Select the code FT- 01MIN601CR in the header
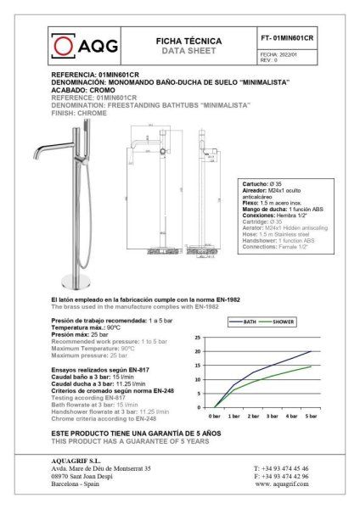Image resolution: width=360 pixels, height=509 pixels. tap(286, 39)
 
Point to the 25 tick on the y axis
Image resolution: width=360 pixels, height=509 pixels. tap(198, 338)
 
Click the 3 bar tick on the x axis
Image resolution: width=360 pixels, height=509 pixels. tap(271, 417)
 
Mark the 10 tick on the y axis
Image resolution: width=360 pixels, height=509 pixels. tap(198, 378)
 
